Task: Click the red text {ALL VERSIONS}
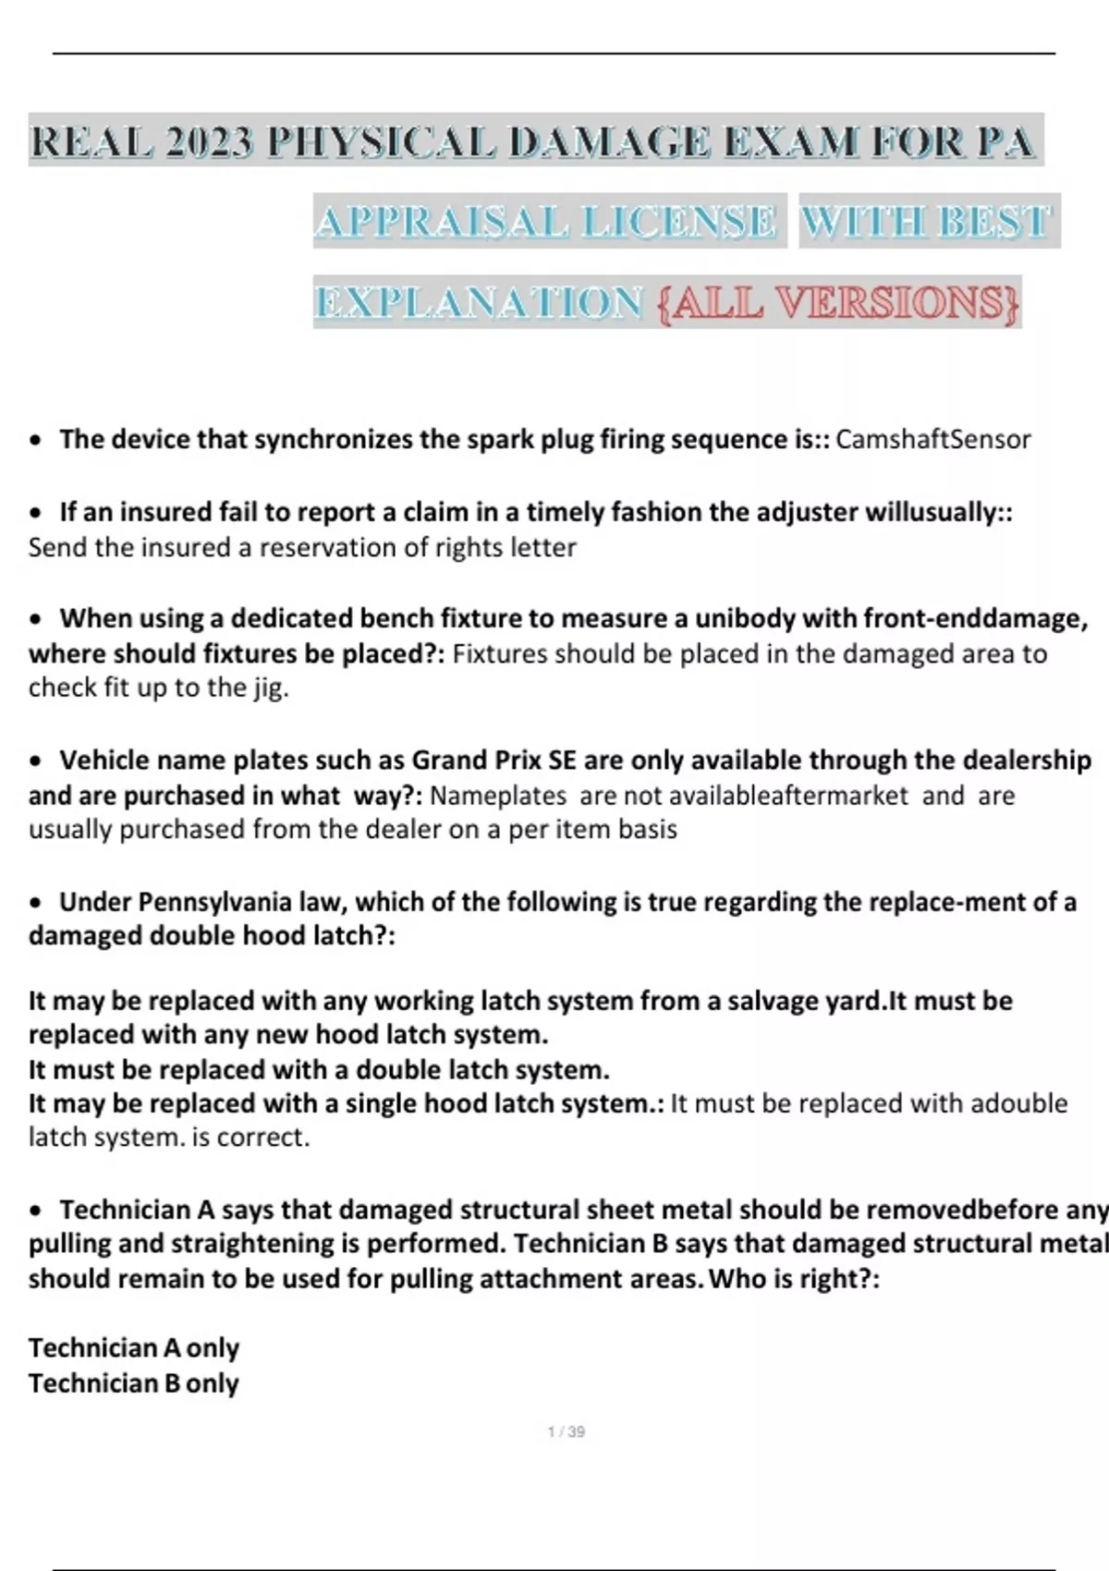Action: pyautogui.click(x=838, y=303)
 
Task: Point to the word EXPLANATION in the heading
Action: pyautogui.click(x=479, y=303)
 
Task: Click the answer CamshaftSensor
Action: pyautogui.click(x=932, y=439)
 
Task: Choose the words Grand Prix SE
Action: pyautogui.click(x=494, y=760)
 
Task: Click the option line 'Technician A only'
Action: pyautogui.click(x=134, y=1347)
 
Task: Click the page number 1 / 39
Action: pyautogui.click(x=566, y=1431)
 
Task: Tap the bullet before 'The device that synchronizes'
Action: pyautogui.click(x=36, y=441)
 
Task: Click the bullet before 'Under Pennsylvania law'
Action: pyautogui.click(x=36, y=903)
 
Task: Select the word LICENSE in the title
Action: pyautogui.click(x=679, y=222)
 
